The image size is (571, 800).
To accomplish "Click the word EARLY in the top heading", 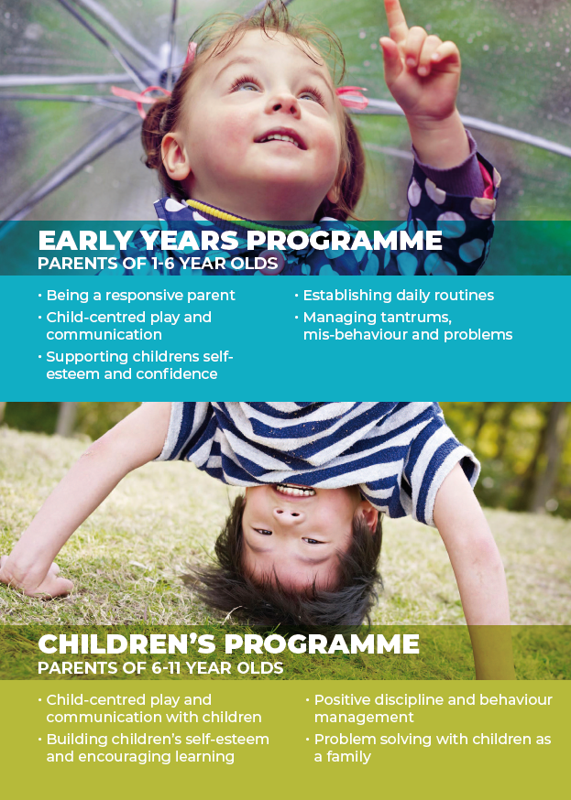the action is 84,241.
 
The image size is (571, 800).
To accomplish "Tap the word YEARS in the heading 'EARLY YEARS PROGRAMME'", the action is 189,241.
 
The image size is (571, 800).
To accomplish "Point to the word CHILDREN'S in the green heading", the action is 126,643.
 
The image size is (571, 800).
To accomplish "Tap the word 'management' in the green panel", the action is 364,718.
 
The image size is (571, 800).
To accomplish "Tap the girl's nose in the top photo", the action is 281,102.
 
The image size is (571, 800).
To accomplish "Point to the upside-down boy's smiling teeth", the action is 295,492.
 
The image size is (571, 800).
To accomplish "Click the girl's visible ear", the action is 176,156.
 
